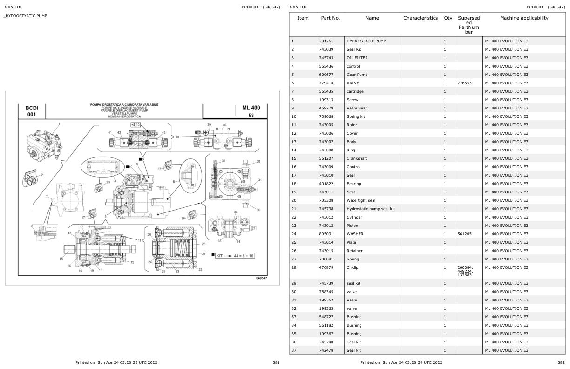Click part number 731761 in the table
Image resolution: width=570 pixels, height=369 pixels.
coord(326,41)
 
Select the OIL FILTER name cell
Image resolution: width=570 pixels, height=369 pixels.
coord(357,58)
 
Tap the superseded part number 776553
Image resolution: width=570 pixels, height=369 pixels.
coord(465,83)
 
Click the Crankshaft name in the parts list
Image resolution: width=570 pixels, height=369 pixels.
coord(357,158)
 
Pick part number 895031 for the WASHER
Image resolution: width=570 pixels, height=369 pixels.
coord(326,234)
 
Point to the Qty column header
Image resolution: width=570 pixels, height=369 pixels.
coord(448,18)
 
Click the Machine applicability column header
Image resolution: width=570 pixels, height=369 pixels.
coord(524,18)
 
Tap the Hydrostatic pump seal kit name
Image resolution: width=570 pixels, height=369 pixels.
coord(370,209)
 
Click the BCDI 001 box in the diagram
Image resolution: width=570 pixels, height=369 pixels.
coord(32,111)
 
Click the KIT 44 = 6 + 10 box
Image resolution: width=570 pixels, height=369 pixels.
coord(236,255)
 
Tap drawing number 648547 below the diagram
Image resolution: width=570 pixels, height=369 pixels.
coord(262,278)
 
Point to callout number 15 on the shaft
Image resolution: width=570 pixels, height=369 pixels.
coord(61,259)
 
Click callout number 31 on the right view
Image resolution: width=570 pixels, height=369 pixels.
coord(260,180)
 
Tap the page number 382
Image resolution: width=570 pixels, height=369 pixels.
coord(561,362)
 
